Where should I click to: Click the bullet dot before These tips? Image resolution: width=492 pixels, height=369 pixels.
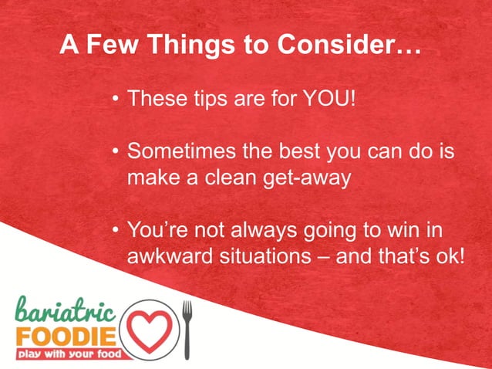(x=116, y=100)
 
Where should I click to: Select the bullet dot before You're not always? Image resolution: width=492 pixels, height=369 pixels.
(x=116, y=232)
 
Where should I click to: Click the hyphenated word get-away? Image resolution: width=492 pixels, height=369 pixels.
(x=308, y=178)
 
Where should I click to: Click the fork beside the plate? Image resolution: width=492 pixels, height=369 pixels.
(x=186, y=328)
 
